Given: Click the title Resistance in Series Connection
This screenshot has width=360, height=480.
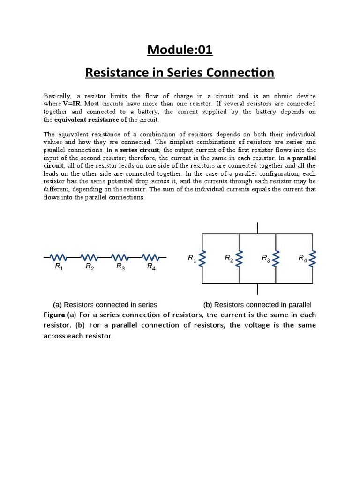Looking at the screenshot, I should tap(180, 73).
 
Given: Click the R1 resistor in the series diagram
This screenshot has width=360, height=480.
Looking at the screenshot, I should tap(59, 257).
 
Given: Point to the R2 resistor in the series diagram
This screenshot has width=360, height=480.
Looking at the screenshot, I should tap(89, 257).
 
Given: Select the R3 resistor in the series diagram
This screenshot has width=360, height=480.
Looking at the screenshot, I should tap(120, 257).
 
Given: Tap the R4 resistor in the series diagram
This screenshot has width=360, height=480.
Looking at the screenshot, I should tap(150, 257).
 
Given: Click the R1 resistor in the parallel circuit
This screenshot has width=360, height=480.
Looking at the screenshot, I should tap(202, 258).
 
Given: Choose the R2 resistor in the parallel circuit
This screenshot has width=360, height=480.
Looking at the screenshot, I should tap(239, 258).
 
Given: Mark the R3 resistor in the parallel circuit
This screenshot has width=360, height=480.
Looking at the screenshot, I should tap(276, 258).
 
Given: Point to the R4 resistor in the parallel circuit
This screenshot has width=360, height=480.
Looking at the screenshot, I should tap(313, 258).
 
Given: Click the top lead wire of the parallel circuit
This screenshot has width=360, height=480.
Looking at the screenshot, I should tap(257, 228).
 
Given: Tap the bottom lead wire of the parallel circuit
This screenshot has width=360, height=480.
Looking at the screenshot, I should tap(257, 289).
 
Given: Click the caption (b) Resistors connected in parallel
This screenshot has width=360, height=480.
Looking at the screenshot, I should tap(257, 304).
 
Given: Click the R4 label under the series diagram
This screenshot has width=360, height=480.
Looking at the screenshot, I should tap(151, 267).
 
